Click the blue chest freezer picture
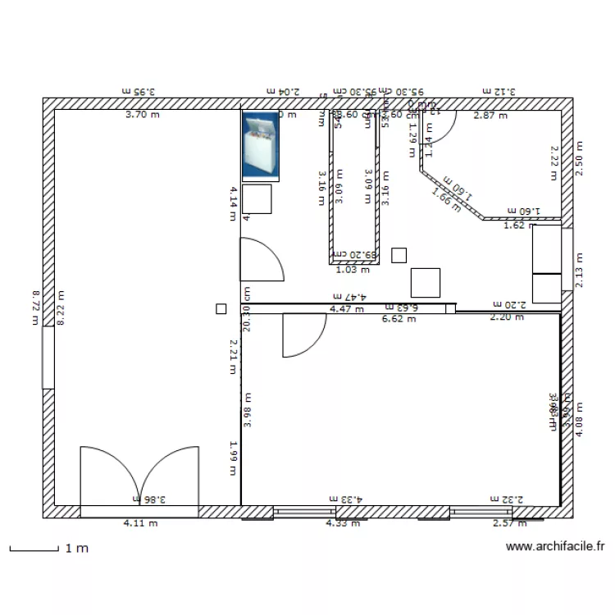(261, 145)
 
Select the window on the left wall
(48, 357)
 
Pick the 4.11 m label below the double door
(140, 523)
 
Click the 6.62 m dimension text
(399, 319)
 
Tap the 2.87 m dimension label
(490, 116)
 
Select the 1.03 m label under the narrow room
(353, 268)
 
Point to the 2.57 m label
(509, 523)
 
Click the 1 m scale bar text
(76, 549)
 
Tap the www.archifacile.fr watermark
(555, 546)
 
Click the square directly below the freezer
(257, 199)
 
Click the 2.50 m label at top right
(581, 156)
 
